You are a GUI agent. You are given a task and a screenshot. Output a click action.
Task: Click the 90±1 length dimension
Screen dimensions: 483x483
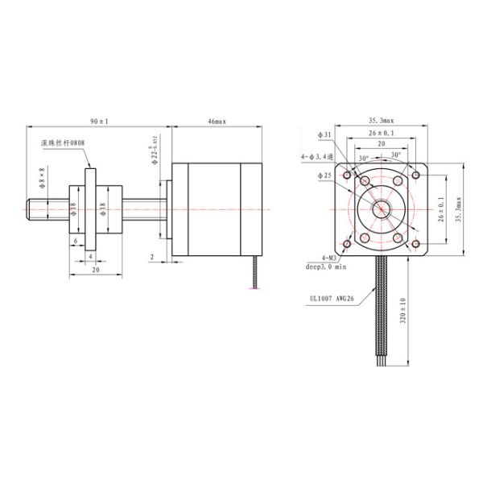pos(100,121)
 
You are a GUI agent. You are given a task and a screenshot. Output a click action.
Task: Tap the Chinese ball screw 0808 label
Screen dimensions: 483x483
pos(64,142)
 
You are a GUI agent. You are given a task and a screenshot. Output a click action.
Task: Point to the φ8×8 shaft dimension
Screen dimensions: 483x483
pos(43,177)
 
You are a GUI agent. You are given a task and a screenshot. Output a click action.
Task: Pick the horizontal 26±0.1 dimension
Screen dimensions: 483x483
pos(381,132)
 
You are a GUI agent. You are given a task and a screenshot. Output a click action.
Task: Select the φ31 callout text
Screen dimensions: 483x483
pos(324,134)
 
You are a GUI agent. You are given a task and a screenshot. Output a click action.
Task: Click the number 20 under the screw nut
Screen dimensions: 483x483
pos(95,270)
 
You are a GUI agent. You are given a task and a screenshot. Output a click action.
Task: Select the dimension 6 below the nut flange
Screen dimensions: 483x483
pos(75,241)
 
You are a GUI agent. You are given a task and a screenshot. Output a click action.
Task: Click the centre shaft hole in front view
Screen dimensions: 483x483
pos(381,209)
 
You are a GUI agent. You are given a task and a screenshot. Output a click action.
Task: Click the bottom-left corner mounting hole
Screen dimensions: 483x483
pos(347,243)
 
